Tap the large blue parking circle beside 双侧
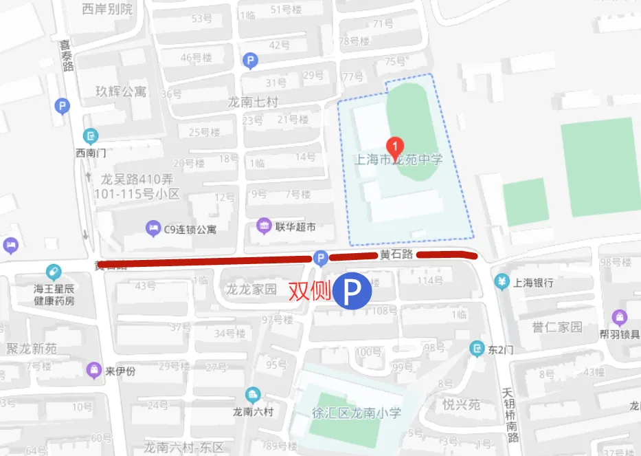352,292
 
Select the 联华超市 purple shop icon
263,226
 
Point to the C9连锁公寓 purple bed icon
152,228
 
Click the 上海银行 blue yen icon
502,282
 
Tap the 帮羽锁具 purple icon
620,317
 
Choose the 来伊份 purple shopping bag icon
93,371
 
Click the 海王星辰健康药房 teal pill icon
54,272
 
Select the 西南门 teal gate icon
91,135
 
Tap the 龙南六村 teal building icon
253,395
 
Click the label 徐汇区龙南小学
355,413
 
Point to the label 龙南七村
253,102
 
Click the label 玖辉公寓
121,91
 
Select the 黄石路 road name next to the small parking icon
397,254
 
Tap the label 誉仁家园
557,326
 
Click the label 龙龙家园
251,289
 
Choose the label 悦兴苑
461,404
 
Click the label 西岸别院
107,9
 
